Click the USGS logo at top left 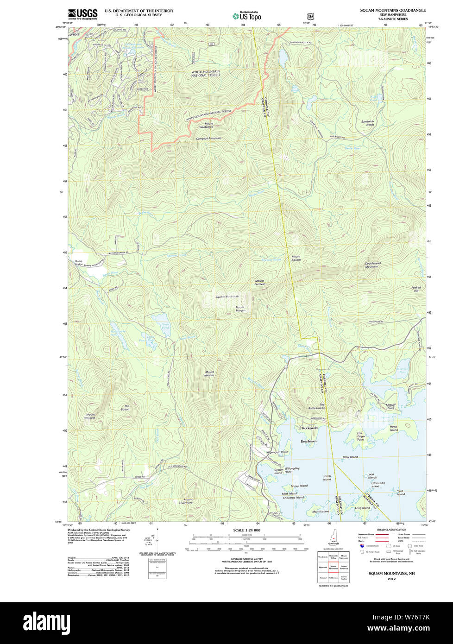tap(82, 14)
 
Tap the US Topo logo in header tap(247, 16)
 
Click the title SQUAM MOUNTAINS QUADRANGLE tap(393, 10)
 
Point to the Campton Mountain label tap(208, 139)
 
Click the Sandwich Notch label tap(367, 123)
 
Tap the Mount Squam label tap(296, 258)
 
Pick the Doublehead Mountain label tap(372, 265)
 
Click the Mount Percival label tap(259, 282)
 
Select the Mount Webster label tap(209, 373)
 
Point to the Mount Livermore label tap(188, 501)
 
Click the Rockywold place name tap(309, 428)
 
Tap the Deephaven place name tap(308, 442)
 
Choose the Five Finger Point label tap(361, 436)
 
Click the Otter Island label tap(350, 457)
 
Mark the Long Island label tap(362, 508)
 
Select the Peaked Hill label tap(416, 289)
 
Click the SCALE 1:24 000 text tap(246, 530)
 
